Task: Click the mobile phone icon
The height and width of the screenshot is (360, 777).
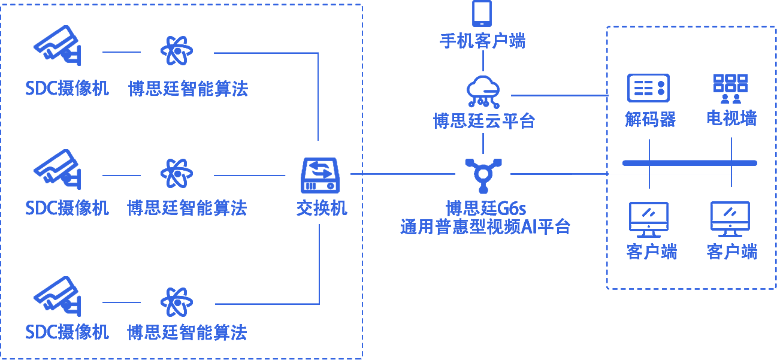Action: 483,13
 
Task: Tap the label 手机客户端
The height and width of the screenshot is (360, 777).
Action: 483,41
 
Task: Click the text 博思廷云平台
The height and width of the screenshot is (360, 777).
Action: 483,121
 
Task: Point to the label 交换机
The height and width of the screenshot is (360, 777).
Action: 322,208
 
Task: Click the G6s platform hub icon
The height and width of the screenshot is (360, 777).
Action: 483,173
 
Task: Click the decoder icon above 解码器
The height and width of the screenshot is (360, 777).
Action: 648,88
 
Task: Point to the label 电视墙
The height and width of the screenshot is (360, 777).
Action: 731,119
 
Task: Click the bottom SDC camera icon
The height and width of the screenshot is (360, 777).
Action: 58,295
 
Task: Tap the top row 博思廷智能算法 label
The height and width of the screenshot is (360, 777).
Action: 188,89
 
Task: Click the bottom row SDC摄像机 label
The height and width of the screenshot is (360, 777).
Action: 67,332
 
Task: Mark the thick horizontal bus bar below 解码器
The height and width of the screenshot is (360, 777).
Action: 690,162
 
